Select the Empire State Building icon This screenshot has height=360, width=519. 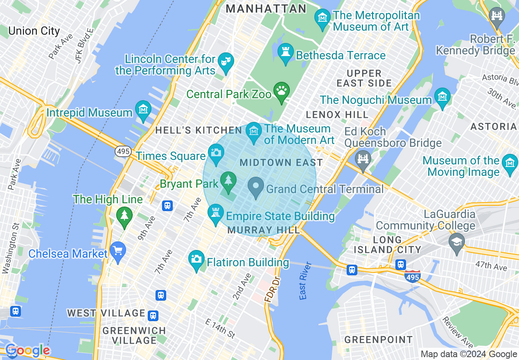[216, 213]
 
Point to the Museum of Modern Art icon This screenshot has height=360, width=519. [254, 132]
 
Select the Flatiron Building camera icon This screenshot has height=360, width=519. [196, 259]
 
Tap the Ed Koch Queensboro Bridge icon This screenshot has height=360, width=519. [363, 157]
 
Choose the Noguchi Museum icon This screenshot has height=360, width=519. [442, 97]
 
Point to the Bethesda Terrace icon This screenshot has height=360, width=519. [285, 52]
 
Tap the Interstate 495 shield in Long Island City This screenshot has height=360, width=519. [412, 277]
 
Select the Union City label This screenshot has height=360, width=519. [34, 31]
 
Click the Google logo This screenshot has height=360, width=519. [27, 351]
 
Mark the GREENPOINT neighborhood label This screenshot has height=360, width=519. [378, 340]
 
